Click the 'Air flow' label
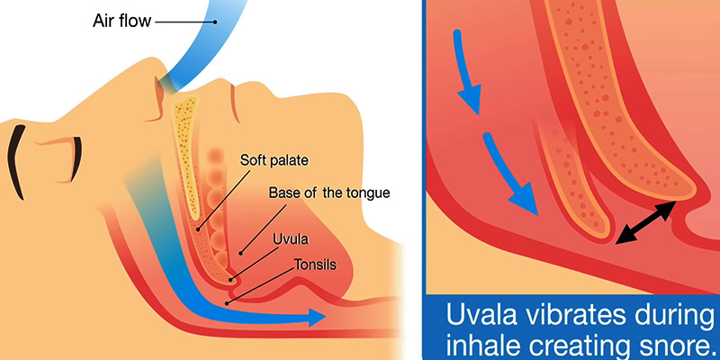coord(121,21)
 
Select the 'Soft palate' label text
coord(274,161)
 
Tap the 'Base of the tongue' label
coord(329,193)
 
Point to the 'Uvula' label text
coord(291,239)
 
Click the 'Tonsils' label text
coord(316,265)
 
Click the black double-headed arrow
coord(645,222)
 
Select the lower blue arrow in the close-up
coord(508,175)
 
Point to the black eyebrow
coord(16,162)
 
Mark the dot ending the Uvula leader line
coord(232,278)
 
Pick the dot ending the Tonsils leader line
coord(226,303)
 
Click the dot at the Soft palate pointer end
coord(198,229)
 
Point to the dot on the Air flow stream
coord(215,21)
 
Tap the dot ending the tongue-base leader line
coord(240,253)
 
